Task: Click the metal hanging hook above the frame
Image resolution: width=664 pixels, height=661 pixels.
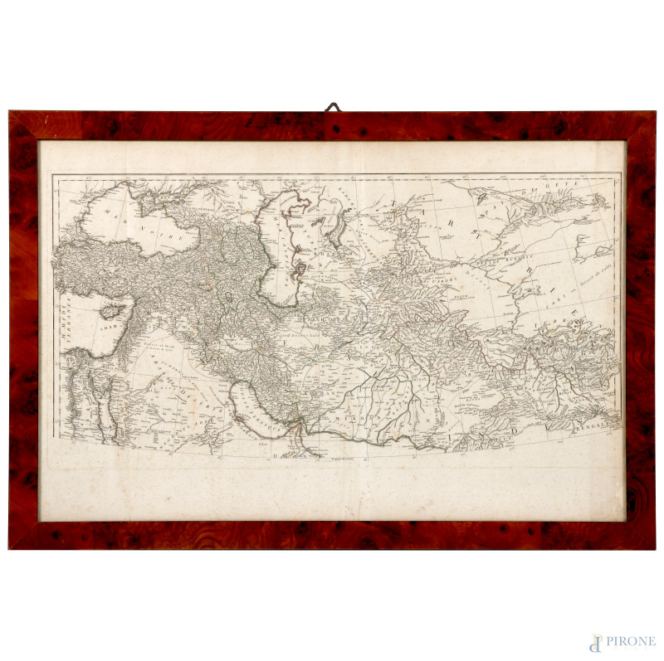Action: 332,107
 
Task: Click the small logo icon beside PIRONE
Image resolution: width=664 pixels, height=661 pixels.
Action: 595,642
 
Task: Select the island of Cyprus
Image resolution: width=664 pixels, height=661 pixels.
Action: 112,313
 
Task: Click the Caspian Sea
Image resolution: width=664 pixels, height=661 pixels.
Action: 278,249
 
